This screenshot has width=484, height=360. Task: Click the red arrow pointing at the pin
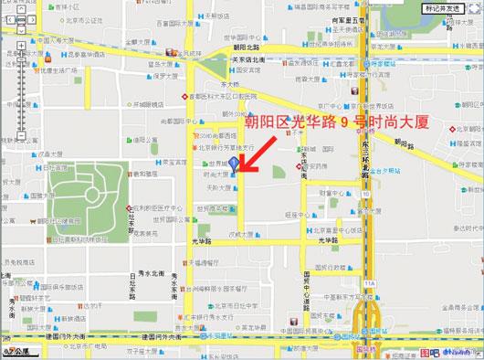tap(264, 153)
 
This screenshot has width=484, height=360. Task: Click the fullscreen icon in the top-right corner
tap(475, 8)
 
